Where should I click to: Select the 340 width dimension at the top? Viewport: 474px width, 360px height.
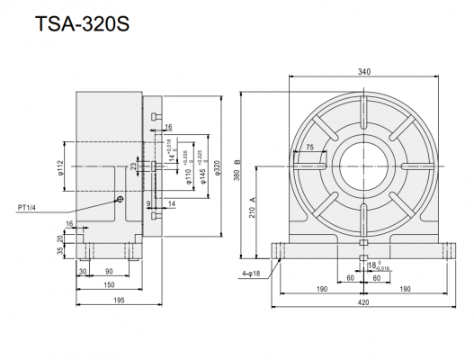coord(362,73)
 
